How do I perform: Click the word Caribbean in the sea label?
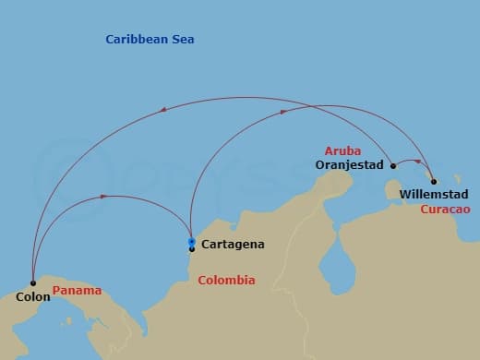tap(135, 40)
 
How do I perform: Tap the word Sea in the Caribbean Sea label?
tap(181, 40)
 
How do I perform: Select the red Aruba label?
tap(342, 150)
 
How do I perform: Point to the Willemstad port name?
tap(434, 195)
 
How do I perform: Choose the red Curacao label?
tap(446, 210)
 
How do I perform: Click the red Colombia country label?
tap(227, 281)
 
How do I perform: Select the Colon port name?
tap(32, 297)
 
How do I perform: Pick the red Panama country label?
tap(77, 291)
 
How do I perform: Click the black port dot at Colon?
tap(32, 282)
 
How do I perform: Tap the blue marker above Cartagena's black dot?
tap(191, 242)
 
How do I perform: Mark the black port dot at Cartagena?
tap(191, 248)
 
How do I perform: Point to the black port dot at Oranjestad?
tap(393, 166)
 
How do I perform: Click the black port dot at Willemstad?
tap(434, 181)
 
